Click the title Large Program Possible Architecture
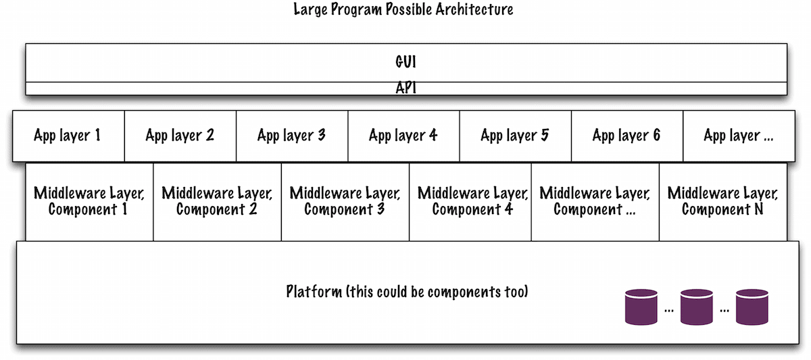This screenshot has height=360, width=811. (x=403, y=10)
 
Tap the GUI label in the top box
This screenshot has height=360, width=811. (x=405, y=62)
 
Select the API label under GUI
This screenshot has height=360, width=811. (x=405, y=88)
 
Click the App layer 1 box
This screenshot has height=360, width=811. (x=68, y=136)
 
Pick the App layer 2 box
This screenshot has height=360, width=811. (x=180, y=136)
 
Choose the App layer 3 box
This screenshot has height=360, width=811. (x=291, y=136)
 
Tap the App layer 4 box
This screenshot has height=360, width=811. (x=403, y=136)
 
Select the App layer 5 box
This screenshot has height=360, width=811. (x=515, y=136)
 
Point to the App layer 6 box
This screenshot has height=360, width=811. (x=626, y=136)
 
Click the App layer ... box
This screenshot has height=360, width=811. (x=739, y=136)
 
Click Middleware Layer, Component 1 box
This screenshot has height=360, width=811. (x=89, y=201)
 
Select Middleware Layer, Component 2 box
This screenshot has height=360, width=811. (x=217, y=201)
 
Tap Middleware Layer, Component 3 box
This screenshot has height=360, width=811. (x=345, y=201)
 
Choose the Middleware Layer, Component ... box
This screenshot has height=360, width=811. (x=595, y=201)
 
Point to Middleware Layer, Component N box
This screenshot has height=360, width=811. (x=723, y=201)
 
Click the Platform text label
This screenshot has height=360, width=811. (x=407, y=292)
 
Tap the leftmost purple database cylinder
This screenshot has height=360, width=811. (x=641, y=307)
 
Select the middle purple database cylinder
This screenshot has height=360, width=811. (x=697, y=307)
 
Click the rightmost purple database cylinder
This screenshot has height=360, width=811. (x=752, y=307)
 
